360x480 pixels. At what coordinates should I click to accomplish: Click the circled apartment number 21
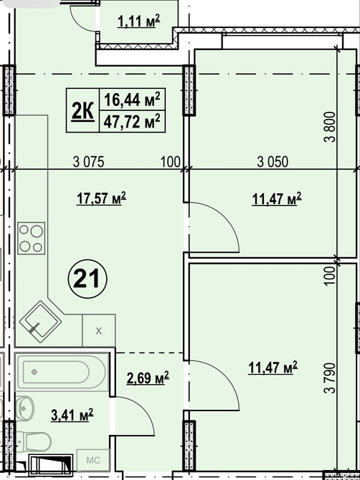tap(87, 279)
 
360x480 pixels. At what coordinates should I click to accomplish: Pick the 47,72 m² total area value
tap(132, 122)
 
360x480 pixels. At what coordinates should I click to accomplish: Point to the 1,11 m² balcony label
tap(139, 21)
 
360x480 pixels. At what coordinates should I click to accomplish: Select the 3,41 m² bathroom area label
tap(72, 415)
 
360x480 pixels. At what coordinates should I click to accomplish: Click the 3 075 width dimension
tap(89, 162)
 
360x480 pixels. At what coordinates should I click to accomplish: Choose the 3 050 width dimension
tap(273, 162)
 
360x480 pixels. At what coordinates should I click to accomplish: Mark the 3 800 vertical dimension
tap(331, 127)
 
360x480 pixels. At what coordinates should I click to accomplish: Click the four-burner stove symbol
tap(32, 239)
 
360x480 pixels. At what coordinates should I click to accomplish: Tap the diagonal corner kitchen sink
tap(40, 322)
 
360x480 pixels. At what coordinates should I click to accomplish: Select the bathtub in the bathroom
tap(62, 372)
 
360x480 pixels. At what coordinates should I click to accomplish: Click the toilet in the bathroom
tap(34, 442)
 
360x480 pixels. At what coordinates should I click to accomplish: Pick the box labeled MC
tap(93, 460)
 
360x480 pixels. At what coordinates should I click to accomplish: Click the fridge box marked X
tap(99, 330)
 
